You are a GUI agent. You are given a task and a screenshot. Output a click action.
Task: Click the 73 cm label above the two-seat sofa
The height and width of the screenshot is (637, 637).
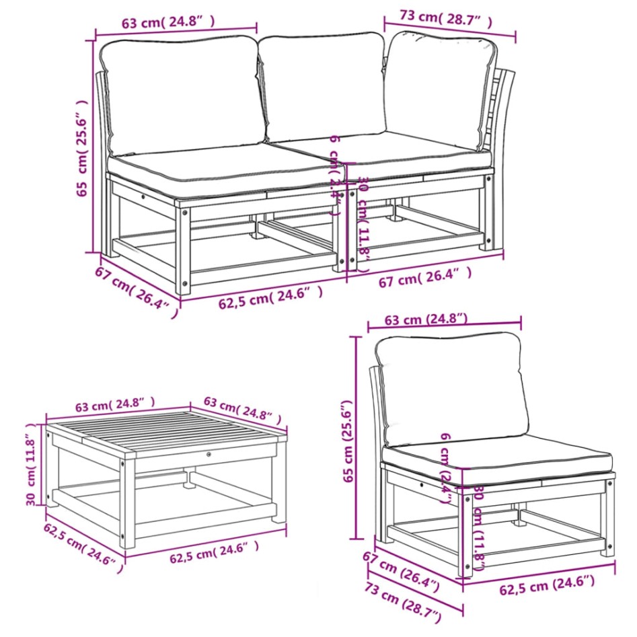[437, 19]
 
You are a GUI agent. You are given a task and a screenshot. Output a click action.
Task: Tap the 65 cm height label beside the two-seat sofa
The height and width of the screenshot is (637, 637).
[83, 148]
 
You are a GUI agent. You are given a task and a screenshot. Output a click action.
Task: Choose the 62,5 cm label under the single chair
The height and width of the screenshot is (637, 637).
[547, 587]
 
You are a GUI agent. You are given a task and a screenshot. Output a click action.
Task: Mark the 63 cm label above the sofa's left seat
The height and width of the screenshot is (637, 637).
[169, 22]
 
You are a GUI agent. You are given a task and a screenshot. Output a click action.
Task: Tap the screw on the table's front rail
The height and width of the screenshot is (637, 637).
[211, 455]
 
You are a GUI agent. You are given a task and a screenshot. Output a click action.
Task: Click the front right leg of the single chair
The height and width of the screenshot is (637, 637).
[607, 525]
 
